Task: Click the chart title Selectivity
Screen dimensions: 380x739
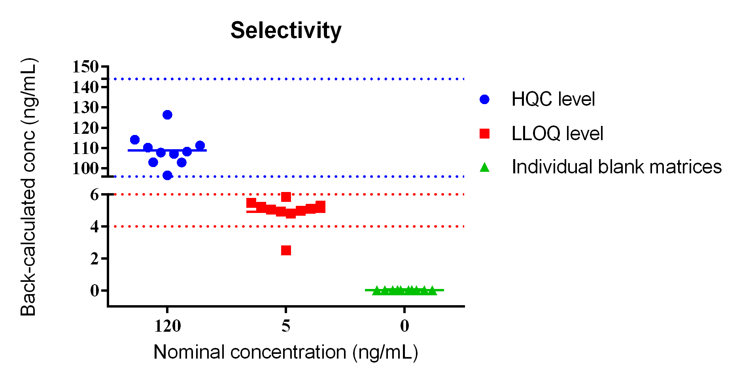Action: coord(286,30)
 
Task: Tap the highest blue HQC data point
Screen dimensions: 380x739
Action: coord(167,115)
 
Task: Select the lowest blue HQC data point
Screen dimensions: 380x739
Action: coord(167,175)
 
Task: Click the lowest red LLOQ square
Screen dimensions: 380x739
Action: coord(286,250)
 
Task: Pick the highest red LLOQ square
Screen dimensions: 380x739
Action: coord(286,197)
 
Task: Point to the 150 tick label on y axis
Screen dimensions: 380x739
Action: coord(85,67)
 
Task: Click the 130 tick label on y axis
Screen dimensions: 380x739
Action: coord(85,107)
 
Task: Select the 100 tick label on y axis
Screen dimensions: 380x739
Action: coord(85,168)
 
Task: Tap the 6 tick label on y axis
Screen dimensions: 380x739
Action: coord(95,194)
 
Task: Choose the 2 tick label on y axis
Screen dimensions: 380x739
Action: coord(95,258)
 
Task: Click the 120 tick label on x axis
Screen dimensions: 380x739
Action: coord(168,326)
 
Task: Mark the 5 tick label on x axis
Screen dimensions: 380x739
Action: coord(286,326)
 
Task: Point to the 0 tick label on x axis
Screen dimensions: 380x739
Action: coord(404,326)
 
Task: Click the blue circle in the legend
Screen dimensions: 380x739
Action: coord(484,99)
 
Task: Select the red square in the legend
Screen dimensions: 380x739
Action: coord(484,133)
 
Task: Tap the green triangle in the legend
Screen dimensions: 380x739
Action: coord(484,168)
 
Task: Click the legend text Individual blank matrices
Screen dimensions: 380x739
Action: coord(616,167)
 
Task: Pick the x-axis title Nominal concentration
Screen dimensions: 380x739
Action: coord(285,352)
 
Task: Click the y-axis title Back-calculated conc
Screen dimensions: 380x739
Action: coord(28,187)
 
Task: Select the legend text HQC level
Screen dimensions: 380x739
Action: coord(553,99)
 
